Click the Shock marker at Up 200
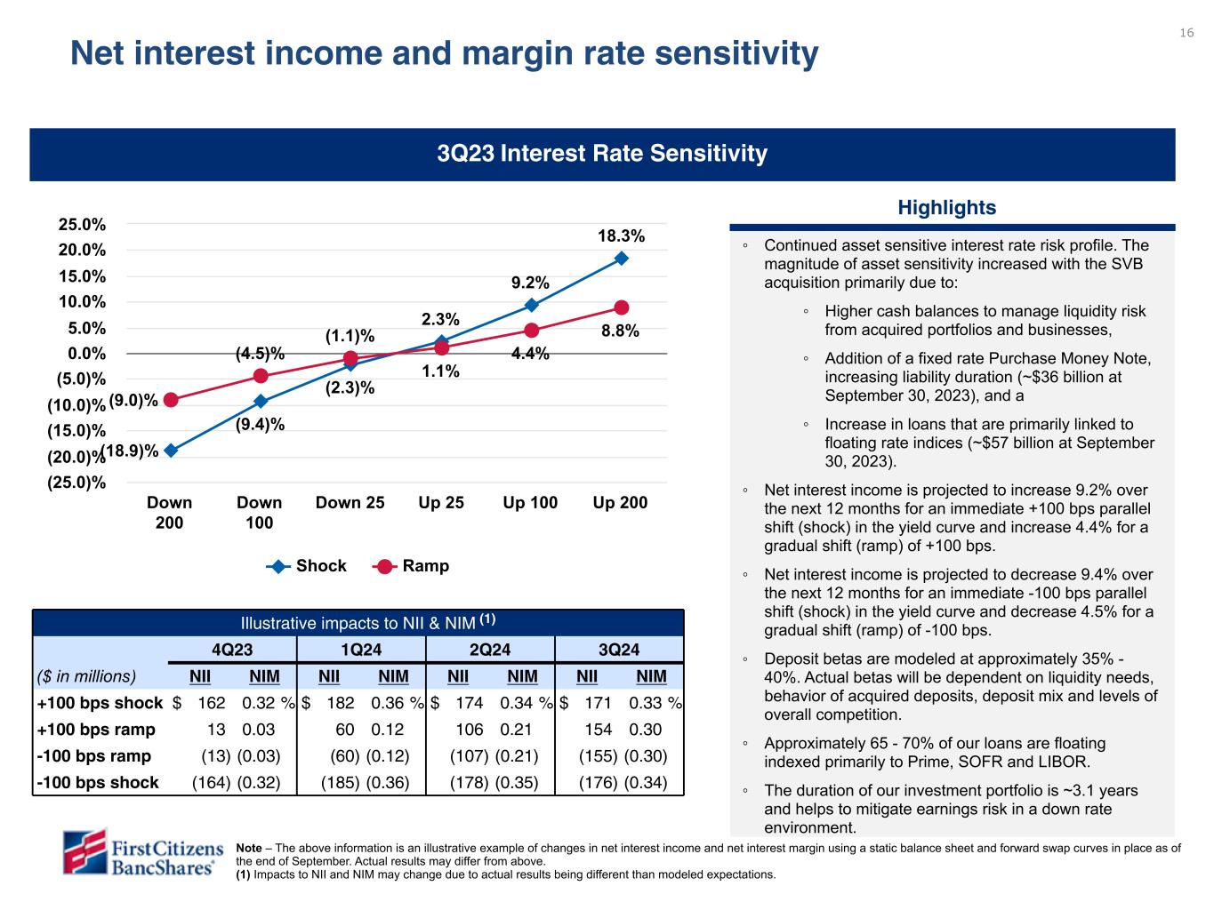621,258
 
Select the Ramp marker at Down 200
171,400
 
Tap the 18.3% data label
621,235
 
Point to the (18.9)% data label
130,451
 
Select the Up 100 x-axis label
530,503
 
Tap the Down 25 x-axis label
350,503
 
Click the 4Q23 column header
232,649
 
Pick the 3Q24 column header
618,649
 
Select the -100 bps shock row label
98,783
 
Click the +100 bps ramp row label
96,730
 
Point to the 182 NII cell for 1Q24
341,703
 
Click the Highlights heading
946,208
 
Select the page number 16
1186,33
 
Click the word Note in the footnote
249,849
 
